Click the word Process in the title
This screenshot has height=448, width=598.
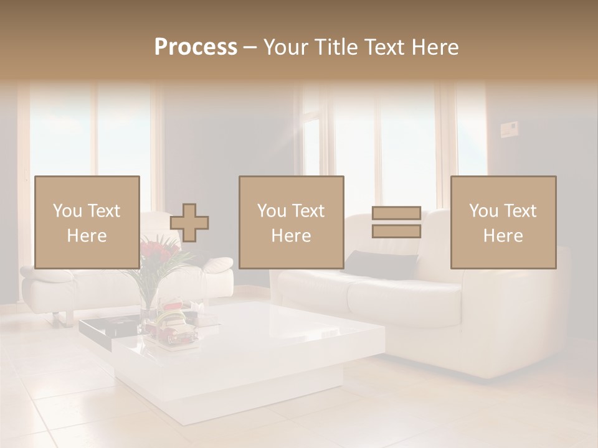196,47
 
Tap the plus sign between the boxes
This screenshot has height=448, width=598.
189,223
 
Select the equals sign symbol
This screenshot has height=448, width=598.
396,222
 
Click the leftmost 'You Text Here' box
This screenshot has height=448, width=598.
87,222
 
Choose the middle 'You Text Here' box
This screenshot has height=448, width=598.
292,222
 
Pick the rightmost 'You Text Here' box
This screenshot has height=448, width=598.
503,222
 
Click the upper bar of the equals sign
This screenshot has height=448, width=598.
396,213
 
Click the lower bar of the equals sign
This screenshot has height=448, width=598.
396,231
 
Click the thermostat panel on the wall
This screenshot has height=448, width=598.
510,130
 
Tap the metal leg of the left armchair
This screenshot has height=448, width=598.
57,319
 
